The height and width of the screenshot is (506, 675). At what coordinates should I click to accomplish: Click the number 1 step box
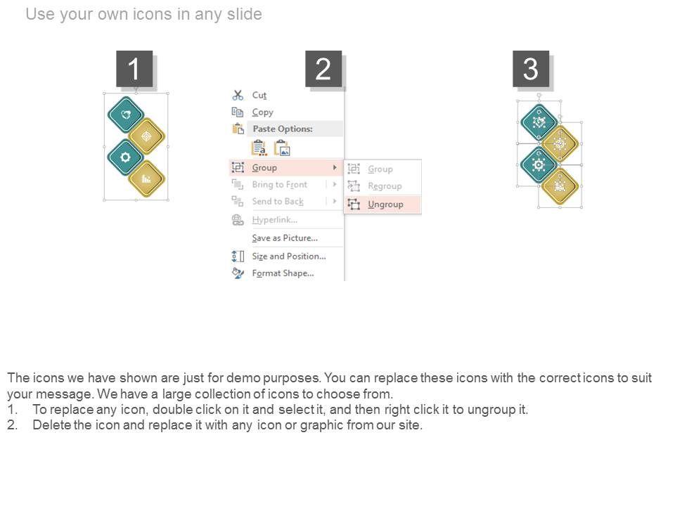pyautogui.click(x=134, y=69)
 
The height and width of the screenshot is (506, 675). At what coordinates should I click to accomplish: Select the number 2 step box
pyautogui.click(x=323, y=69)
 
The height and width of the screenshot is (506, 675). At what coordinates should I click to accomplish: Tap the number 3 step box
pyautogui.click(x=531, y=69)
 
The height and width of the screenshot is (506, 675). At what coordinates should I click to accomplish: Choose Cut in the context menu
pyautogui.click(x=259, y=95)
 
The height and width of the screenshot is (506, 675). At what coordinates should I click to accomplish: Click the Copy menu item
pyautogui.click(x=262, y=112)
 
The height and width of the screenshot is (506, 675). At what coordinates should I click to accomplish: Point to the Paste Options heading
pyautogui.click(x=283, y=129)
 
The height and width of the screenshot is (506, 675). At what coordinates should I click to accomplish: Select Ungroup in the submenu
pyautogui.click(x=385, y=205)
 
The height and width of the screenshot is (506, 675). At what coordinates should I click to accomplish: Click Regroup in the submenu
pyautogui.click(x=385, y=186)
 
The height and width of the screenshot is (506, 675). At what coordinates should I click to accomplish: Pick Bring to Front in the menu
pyautogui.click(x=280, y=185)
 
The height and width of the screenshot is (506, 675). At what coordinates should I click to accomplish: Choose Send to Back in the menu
pyautogui.click(x=278, y=202)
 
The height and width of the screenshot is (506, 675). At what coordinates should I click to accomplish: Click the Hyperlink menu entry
pyautogui.click(x=275, y=220)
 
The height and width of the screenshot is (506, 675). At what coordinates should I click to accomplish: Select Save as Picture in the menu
pyautogui.click(x=285, y=238)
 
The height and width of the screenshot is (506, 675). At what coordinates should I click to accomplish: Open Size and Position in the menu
pyautogui.click(x=289, y=256)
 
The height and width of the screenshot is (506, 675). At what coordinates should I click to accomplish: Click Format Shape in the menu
pyautogui.click(x=283, y=273)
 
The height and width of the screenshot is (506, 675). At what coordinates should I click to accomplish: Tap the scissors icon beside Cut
pyautogui.click(x=238, y=95)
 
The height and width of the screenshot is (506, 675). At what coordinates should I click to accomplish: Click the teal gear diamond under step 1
pyautogui.click(x=125, y=157)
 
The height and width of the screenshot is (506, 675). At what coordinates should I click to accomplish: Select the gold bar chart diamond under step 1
pyautogui.click(x=146, y=179)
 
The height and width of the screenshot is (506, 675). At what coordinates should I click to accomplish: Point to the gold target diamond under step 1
pyautogui.click(x=146, y=136)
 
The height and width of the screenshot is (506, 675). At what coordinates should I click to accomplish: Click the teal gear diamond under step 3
pyautogui.click(x=539, y=164)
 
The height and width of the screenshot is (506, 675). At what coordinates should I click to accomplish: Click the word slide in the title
pyautogui.click(x=245, y=14)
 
